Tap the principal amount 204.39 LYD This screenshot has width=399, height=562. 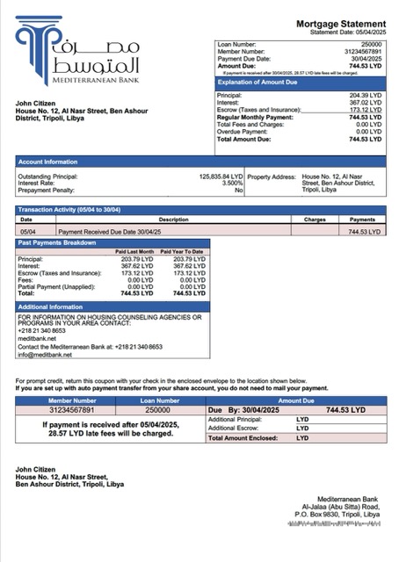click(365, 95)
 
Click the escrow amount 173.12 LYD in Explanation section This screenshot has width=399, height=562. click(365, 109)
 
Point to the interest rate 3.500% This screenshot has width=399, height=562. click(231, 183)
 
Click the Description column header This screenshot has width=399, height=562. click(173, 220)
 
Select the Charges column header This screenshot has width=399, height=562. click(315, 220)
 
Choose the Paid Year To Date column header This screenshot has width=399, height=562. click(181, 251)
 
